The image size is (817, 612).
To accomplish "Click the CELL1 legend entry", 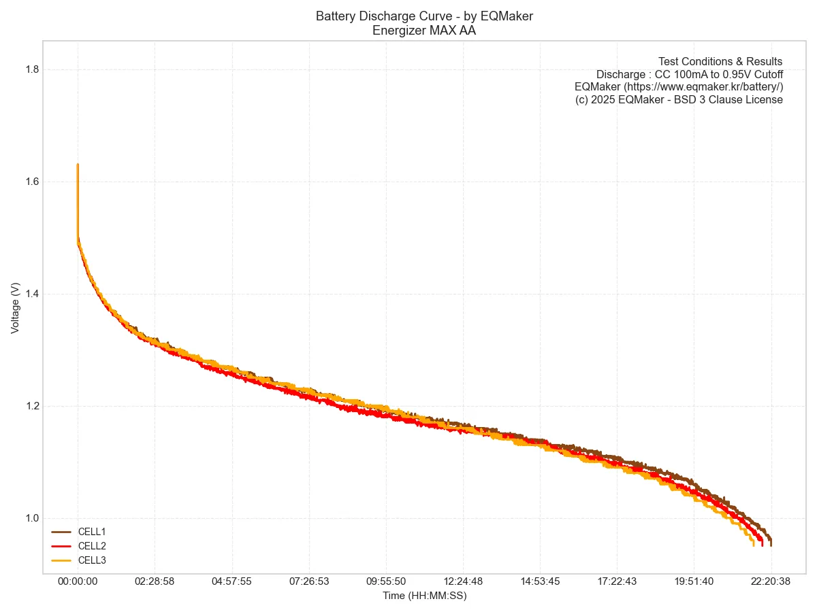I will pos(91,532).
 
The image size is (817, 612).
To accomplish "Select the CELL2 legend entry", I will pos(91,546).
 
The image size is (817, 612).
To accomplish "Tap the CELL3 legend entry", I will pos(91,560).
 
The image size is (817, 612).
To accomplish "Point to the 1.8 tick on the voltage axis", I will pos(31,69).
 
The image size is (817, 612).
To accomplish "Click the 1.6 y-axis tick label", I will pos(31,182).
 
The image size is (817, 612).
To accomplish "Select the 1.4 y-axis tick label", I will pos(31,294).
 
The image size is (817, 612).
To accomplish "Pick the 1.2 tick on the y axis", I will pos(31,406).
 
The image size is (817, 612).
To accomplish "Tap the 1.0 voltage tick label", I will pos(31,518).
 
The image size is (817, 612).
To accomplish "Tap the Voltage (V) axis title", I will pos(16,307).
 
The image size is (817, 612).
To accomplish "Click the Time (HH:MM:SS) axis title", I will pos(424,596).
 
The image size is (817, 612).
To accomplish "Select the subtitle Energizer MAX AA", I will pos(424,30).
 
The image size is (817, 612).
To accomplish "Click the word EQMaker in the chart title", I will pos(511,16).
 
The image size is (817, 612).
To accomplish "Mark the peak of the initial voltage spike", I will pos(78,165).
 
